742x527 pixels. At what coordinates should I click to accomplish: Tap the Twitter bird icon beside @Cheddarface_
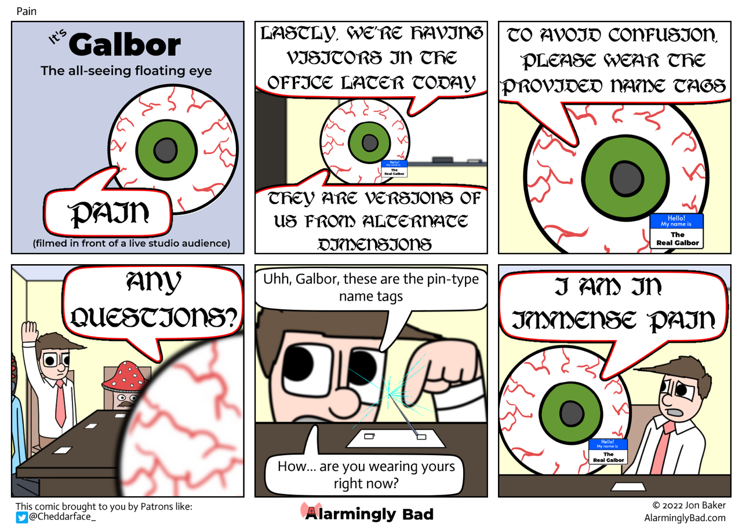(x=21, y=517)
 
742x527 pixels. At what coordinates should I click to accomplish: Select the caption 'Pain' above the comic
(x=26, y=10)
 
